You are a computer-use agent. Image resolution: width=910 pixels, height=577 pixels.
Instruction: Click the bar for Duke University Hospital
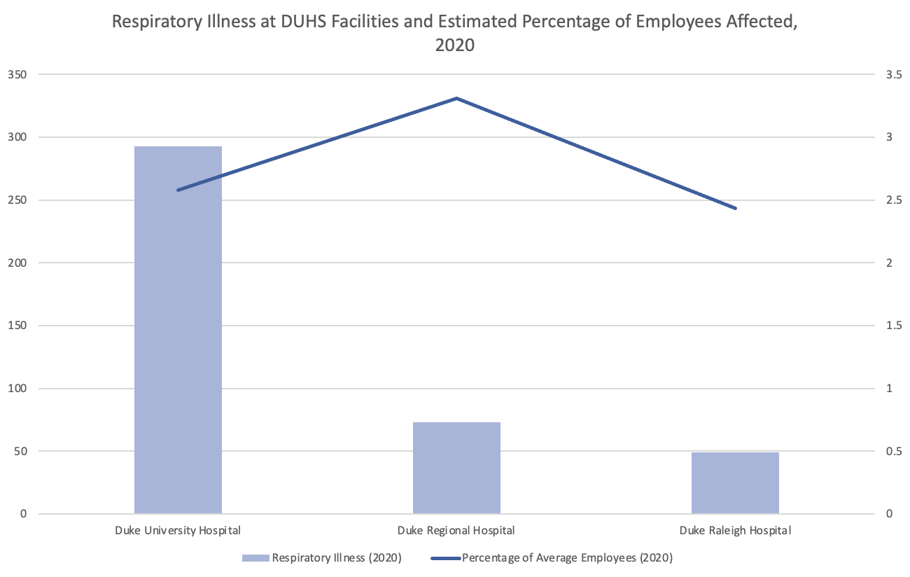[178, 329]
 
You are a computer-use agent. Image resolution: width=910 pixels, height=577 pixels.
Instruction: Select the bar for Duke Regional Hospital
[456, 468]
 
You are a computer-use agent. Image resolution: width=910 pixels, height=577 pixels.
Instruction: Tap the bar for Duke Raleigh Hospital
[735, 483]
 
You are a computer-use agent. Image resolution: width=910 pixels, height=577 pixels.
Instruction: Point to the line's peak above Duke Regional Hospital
[456, 98]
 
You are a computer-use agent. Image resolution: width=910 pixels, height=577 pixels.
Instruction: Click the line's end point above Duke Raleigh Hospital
[735, 208]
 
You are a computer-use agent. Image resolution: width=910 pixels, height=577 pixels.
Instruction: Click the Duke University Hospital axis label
[178, 530]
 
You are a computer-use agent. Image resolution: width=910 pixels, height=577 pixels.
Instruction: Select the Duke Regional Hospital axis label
[456, 530]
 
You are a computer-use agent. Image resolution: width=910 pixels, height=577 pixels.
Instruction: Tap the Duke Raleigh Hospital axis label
[735, 530]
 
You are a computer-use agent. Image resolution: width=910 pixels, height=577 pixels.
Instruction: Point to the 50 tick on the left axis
[21, 451]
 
